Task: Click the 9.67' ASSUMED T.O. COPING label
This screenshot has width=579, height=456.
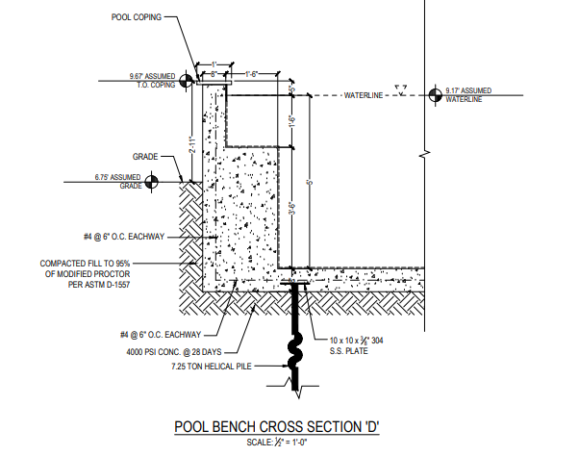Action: [x=154, y=79]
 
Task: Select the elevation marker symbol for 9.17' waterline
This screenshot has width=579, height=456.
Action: [x=437, y=94]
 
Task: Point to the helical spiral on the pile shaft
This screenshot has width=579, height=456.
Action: [x=296, y=346]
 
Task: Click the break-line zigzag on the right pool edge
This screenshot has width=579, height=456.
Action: [x=425, y=152]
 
